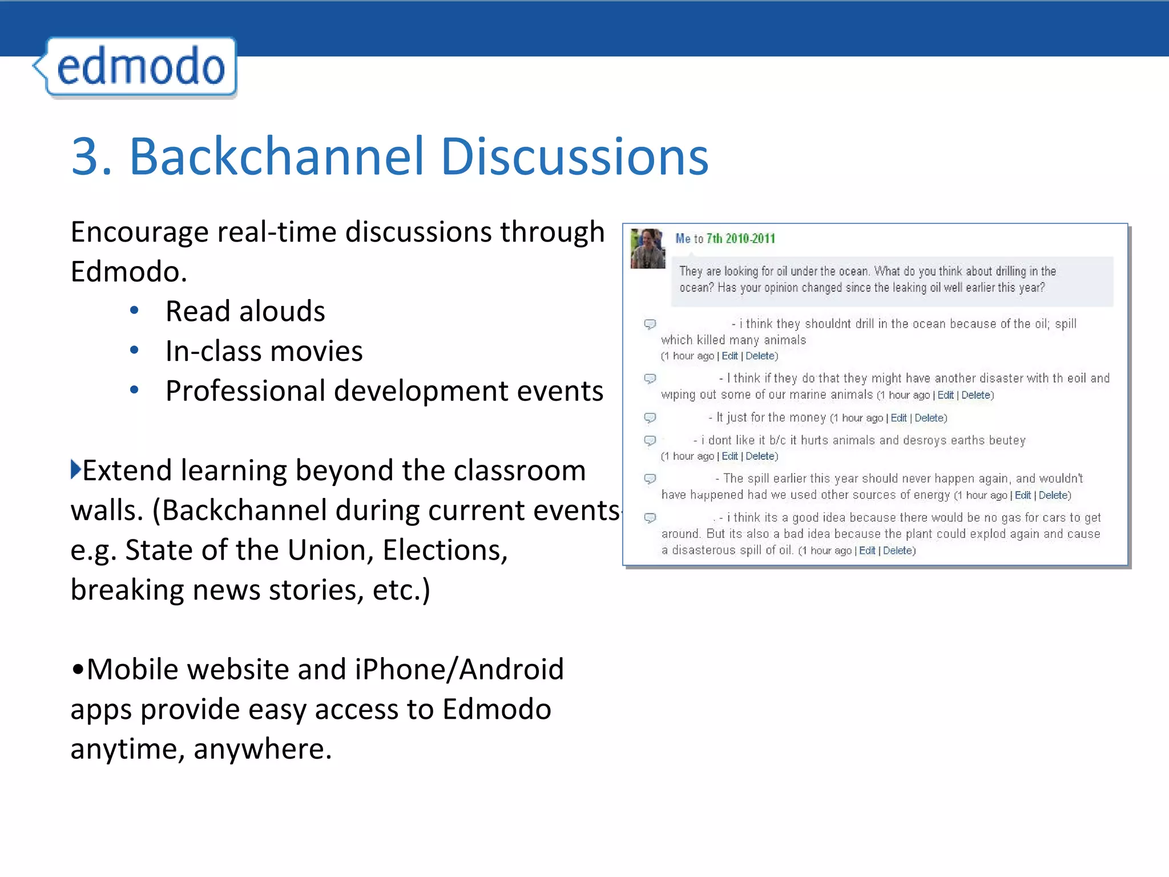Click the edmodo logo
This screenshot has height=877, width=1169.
(x=140, y=67)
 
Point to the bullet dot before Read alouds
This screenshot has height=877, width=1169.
(x=134, y=311)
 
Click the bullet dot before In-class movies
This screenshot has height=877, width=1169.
(x=134, y=351)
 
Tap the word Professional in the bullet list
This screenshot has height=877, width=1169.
(x=244, y=391)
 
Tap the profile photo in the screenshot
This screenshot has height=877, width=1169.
(x=647, y=248)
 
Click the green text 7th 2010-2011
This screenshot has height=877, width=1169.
(x=740, y=239)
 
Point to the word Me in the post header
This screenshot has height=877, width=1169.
(x=683, y=239)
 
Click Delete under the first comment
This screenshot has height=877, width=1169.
(x=760, y=356)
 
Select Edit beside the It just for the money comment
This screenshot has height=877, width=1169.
(x=898, y=418)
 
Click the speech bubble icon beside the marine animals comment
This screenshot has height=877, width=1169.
(x=650, y=379)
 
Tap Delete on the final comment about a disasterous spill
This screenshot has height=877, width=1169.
(x=897, y=550)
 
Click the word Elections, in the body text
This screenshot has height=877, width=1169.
(x=445, y=550)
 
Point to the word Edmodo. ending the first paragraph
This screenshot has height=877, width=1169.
(x=128, y=271)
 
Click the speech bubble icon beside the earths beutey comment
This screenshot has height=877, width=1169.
(x=650, y=441)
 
